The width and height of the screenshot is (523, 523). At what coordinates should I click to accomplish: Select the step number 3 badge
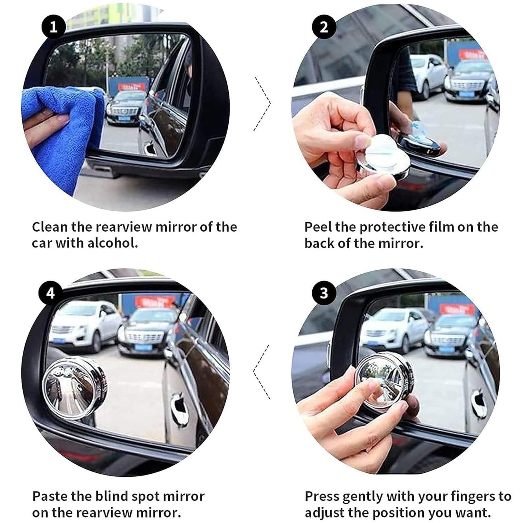pos(324,292)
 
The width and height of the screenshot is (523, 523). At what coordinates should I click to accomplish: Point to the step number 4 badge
pos(50,292)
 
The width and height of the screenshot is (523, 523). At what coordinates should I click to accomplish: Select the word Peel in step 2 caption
pos(318,227)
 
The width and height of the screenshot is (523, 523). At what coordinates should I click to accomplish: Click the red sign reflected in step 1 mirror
pos(133,87)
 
